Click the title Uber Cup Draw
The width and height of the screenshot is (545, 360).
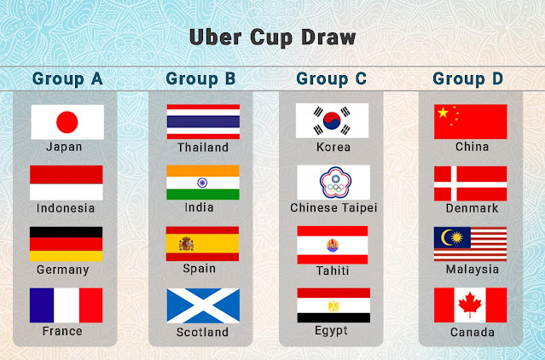[272, 38]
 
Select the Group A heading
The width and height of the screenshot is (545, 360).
[67, 79]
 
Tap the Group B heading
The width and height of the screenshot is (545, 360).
[200, 79]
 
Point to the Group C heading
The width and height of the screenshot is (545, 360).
[332, 79]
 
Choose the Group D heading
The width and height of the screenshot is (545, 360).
[468, 79]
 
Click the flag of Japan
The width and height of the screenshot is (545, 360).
[67, 122]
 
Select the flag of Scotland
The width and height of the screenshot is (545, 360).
[203, 305]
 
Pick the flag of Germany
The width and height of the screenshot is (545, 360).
[67, 244]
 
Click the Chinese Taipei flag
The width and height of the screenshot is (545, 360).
[333, 183]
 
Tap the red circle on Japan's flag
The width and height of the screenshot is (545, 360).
[67, 121]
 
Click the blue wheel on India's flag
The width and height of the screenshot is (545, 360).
[203, 183]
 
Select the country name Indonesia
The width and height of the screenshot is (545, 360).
[66, 208]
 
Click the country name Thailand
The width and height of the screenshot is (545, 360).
[203, 147]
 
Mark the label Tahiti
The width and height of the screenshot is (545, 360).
[333, 270]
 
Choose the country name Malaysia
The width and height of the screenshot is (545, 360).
[472, 270]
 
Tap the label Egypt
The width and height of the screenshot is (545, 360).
[333, 331]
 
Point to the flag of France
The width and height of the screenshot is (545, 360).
[67, 305]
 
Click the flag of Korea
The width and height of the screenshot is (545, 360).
[333, 121]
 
